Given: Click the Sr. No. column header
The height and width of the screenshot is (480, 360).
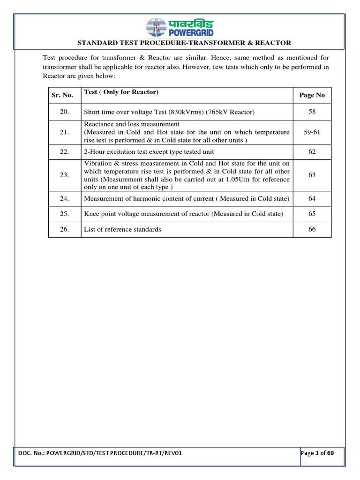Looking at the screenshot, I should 62,95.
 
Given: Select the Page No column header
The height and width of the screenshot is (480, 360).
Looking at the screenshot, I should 312,95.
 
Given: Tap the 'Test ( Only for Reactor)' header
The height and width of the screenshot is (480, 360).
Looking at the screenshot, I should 121,92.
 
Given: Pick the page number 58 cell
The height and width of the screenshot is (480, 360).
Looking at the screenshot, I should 312,112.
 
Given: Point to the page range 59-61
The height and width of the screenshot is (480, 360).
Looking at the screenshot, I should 312,133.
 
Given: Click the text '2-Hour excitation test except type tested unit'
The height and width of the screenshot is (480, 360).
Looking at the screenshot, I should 146,152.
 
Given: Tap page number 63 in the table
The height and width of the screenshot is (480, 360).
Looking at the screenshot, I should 312,175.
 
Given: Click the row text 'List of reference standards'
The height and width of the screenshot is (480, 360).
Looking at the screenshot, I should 122,229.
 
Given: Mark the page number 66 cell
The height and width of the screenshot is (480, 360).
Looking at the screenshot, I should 312,229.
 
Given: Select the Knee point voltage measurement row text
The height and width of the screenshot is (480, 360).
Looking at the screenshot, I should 183,214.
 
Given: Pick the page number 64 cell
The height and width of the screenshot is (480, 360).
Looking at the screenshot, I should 312,199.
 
